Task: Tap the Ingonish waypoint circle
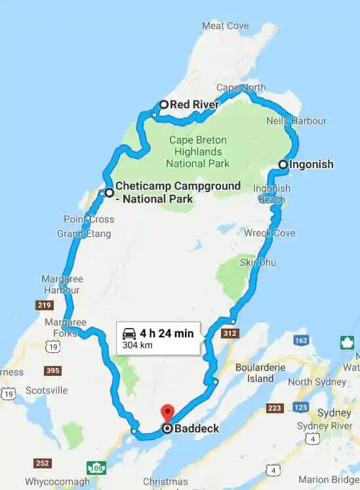(x=283, y=165)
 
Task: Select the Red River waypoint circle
(x=164, y=104)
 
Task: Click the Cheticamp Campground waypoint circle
(x=109, y=193)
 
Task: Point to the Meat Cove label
(x=225, y=26)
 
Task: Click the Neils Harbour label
(x=296, y=121)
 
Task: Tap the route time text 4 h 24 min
(x=166, y=333)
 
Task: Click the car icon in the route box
(x=129, y=333)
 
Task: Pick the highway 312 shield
(x=229, y=334)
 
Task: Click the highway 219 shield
(x=45, y=305)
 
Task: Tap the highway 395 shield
(x=53, y=371)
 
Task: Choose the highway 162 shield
(x=301, y=340)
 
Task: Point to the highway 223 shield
(x=274, y=409)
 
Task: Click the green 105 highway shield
(x=96, y=468)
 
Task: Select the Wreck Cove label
(x=270, y=233)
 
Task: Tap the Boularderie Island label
(x=260, y=373)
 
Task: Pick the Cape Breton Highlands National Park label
(x=198, y=152)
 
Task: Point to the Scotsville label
(x=47, y=390)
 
